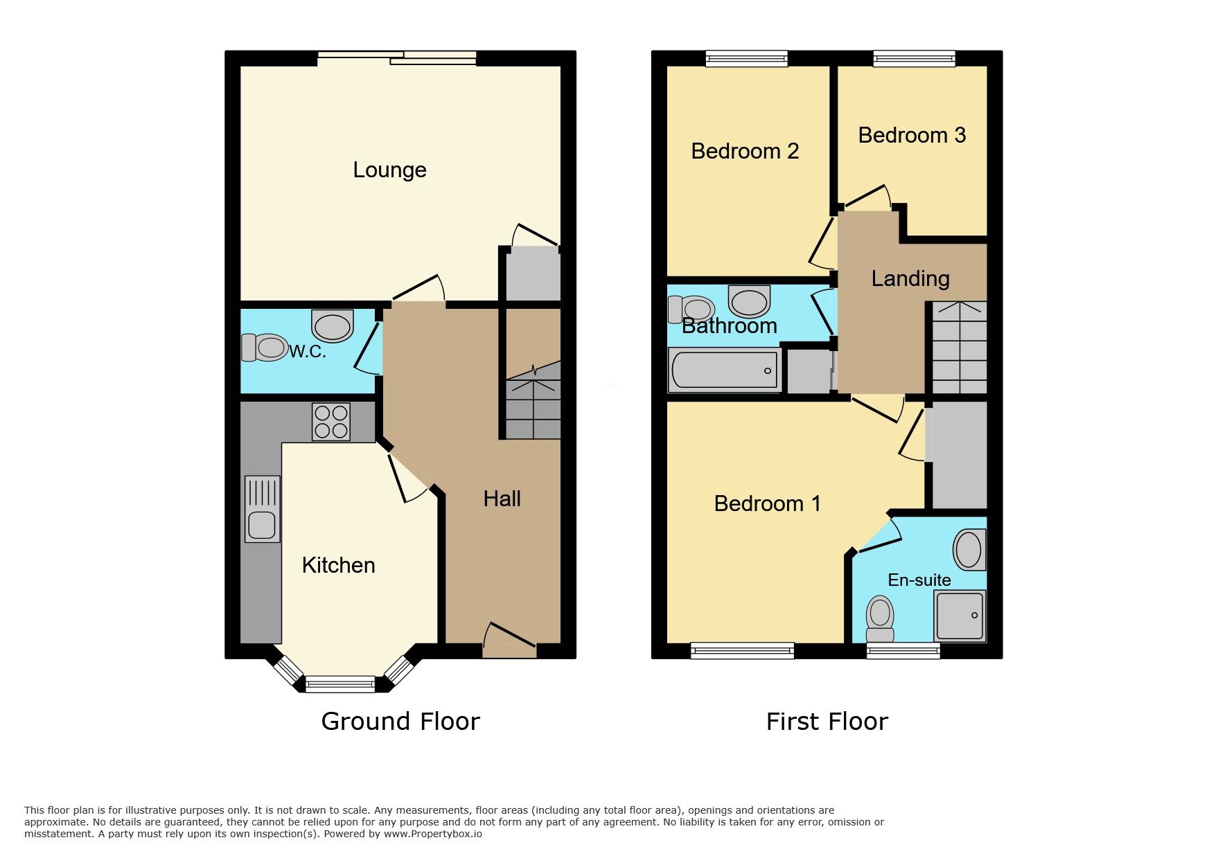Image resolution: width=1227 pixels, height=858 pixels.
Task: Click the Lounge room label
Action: pyautogui.click(x=389, y=170)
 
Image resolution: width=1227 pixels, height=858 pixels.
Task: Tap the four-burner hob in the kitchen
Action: pyautogui.click(x=331, y=422)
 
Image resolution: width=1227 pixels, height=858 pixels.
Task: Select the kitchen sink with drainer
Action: pyautogui.click(x=263, y=509)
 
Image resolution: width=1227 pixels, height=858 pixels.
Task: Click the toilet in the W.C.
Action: pyautogui.click(x=265, y=348)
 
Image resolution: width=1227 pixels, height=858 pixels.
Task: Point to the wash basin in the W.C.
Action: pyautogui.click(x=333, y=325)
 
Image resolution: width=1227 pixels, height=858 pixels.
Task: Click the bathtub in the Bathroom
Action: pyautogui.click(x=725, y=370)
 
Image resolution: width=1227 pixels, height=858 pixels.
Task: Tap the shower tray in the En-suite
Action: pyautogui.click(x=960, y=616)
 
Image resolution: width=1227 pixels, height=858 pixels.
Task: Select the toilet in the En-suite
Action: pyautogui.click(x=880, y=618)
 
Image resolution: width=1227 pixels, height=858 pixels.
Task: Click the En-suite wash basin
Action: pyautogui.click(x=969, y=550)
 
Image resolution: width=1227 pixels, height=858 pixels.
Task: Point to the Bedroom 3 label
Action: pyautogui.click(x=912, y=135)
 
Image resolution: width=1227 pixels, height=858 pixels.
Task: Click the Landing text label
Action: pyautogui.click(x=910, y=278)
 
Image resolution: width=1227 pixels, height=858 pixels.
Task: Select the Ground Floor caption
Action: pyautogui.click(x=400, y=722)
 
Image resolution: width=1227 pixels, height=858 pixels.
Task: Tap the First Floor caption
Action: pyautogui.click(x=827, y=722)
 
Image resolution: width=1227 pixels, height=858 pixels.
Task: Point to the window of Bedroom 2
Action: pyautogui.click(x=747, y=59)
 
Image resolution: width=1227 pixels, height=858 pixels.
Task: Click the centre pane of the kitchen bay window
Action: pyautogui.click(x=340, y=684)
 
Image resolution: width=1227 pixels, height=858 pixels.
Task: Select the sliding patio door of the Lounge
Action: pyautogui.click(x=398, y=58)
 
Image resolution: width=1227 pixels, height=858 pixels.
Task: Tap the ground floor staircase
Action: pyautogui.click(x=533, y=405)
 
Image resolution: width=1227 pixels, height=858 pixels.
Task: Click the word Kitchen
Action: pyautogui.click(x=338, y=565)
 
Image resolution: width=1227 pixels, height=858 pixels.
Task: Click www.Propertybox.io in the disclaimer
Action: pyautogui.click(x=433, y=834)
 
